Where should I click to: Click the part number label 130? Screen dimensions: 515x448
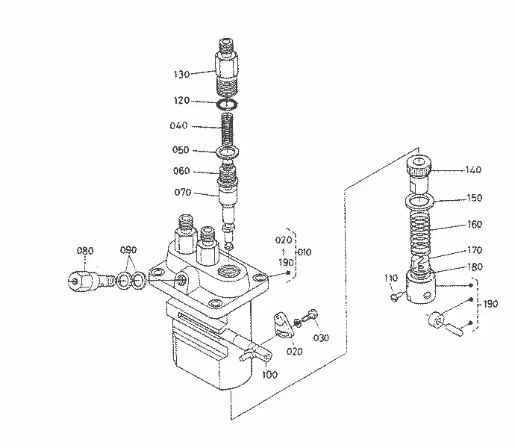(x=181, y=74)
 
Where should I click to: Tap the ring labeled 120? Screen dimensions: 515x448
(x=227, y=104)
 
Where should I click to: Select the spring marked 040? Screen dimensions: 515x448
(x=228, y=129)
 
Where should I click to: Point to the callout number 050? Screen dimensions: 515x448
(x=181, y=150)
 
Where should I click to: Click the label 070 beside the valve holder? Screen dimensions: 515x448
(x=183, y=192)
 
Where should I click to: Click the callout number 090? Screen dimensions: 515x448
(x=128, y=250)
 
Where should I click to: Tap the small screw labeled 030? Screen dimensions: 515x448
(x=310, y=315)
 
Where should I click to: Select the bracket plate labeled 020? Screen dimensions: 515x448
(x=283, y=326)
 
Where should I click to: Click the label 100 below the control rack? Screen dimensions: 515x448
(x=269, y=374)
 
